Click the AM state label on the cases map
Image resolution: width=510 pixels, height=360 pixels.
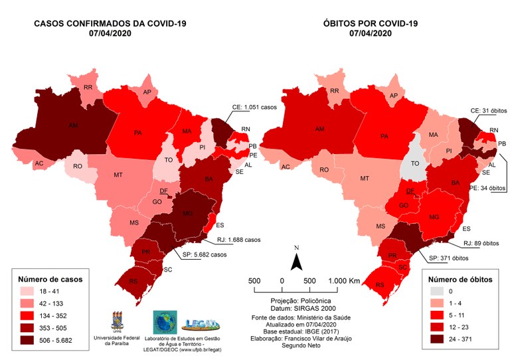coord(72,124)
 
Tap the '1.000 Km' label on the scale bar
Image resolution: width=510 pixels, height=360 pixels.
coord(345,281)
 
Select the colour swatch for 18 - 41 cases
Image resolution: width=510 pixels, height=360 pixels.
coord(28,292)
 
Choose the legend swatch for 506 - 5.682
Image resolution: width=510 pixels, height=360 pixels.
coord(28,339)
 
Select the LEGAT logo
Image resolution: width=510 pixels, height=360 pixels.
coord(202,323)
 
